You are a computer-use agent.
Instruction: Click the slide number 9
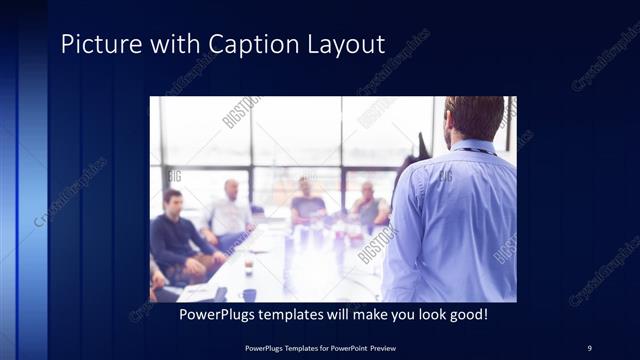(589, 347)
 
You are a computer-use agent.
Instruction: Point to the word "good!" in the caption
(464, 315)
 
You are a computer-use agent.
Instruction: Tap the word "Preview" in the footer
(377, 347)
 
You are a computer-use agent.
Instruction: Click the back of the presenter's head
(475, 116)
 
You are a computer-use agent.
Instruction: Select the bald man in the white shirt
(230, 212)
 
